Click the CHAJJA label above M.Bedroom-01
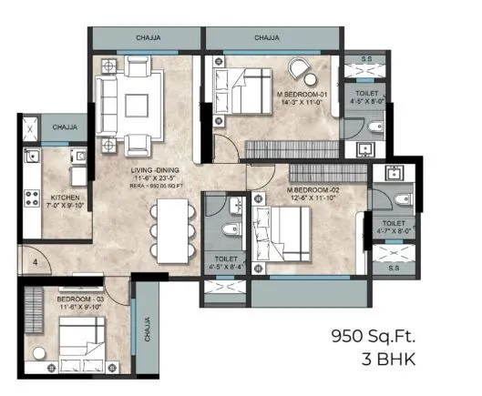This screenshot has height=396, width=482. pyautogui.click(x=267, y=38)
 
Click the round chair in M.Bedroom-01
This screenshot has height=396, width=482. pyautogui.click(x=300, y=67)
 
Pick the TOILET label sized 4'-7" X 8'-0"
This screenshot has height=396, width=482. pyautogui.click(x=394, y=226)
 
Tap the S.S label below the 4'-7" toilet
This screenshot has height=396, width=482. pyautogui.click(x=394, y=268)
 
